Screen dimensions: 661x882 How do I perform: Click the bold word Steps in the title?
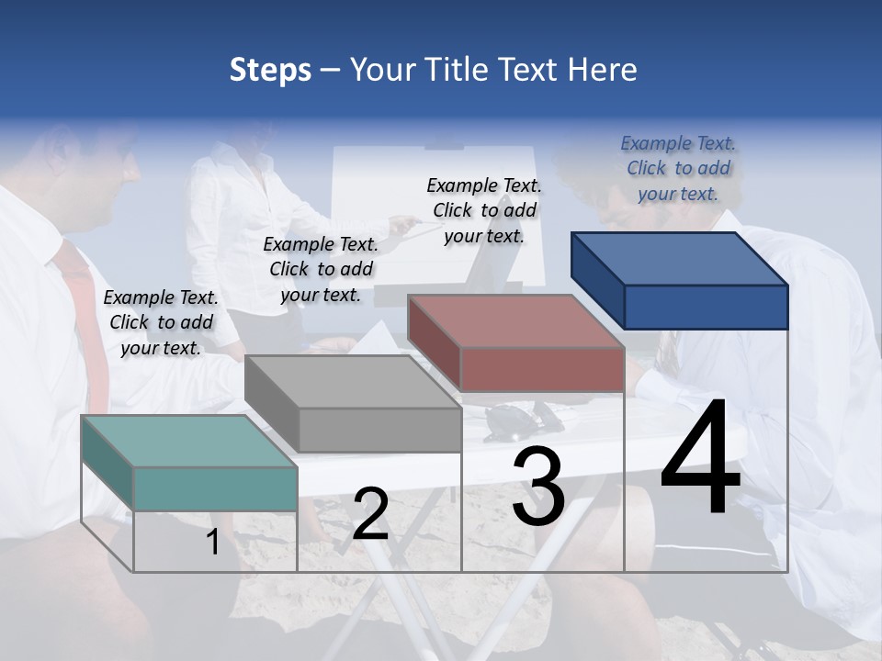(x=270, y=71)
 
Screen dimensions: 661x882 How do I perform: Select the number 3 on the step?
(x=538, y=487)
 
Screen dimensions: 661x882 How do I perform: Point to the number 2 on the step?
(x=370, y=514)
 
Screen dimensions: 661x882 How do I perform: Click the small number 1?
(x=212, y=543)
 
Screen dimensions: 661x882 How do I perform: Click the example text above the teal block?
(x=162, y=322)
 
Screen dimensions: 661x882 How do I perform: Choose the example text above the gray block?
(x=322, y=269)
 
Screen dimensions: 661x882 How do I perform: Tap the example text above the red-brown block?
(x=484, y=210)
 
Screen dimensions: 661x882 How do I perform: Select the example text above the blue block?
(x=678, y=168)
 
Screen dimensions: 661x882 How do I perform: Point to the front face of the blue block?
(x=706, y=307)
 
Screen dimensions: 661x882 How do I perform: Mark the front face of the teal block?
(x=215, y=488)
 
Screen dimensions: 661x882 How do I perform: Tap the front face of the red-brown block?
(x=542, y=369)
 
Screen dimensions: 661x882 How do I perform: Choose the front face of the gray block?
(x=379, y=430)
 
